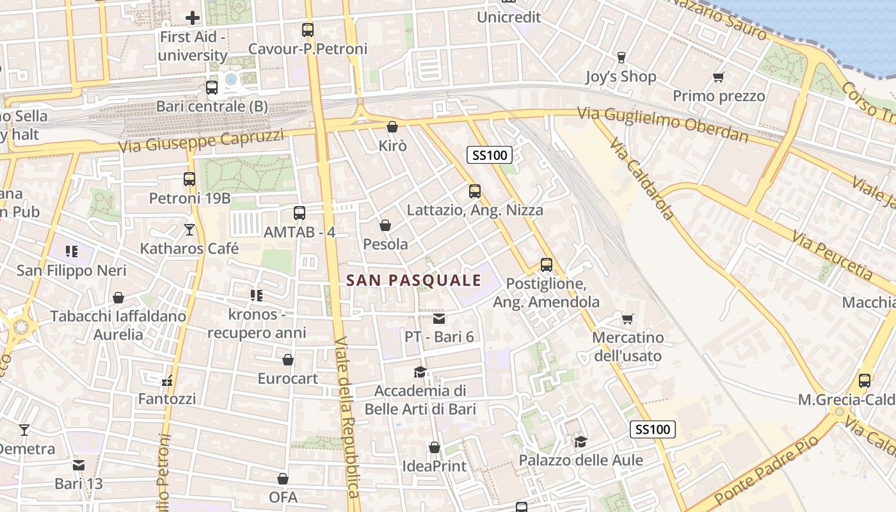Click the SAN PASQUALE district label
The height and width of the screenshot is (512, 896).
coord(413,280)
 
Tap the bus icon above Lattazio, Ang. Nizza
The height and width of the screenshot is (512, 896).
coord(474,191)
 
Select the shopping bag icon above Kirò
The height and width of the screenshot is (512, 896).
coord(392,127)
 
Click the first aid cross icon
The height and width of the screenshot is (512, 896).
coord(192,18)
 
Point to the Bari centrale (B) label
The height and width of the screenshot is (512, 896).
coord(212,106)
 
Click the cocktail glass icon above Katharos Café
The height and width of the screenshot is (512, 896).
coord(189,229)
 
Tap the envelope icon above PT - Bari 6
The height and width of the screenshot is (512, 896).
coord(439,318)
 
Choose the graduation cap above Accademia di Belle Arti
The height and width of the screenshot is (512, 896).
coord(420,372)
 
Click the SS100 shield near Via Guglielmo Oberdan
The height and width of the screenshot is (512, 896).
coord(490,155)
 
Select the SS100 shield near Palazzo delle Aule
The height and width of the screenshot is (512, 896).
coord(652,429)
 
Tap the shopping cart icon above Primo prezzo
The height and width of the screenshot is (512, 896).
coord(718,77)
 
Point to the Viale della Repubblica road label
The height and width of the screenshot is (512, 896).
coord(346,416)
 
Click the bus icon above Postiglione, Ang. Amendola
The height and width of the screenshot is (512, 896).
coord(546,264)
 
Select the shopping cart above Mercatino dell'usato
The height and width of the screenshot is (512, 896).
coord(627,318)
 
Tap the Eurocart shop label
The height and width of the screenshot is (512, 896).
coord(287,378)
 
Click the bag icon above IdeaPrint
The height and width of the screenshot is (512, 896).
coord(435,447)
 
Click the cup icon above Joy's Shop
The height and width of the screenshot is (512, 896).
coord(621,58)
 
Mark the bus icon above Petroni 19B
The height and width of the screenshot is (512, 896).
coord(189,179)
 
